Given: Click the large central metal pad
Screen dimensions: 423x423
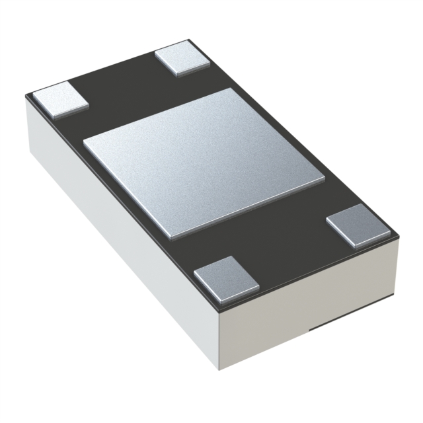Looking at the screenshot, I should click(204, 162).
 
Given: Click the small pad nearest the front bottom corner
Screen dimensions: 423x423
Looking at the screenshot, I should click(226, 274).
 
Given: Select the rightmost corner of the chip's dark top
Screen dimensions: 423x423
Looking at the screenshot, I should click(399, 233).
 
